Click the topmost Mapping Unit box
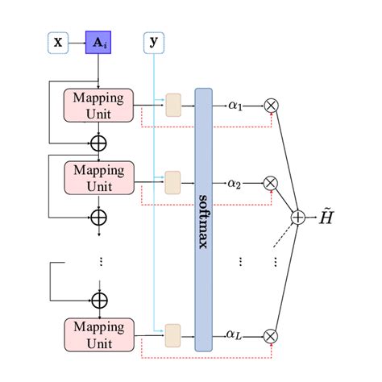coord(98,106)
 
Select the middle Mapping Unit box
coord(98,178)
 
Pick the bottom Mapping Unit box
coord(98,334)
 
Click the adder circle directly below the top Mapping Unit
coord(98,143)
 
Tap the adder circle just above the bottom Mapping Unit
coord(98,300)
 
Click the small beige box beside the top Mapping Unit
coord(173,105)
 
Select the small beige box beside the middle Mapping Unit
coord(173,179)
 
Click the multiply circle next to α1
coord(271,105)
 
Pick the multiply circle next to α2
coord(271,183)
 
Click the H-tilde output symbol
coord(323,217)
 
